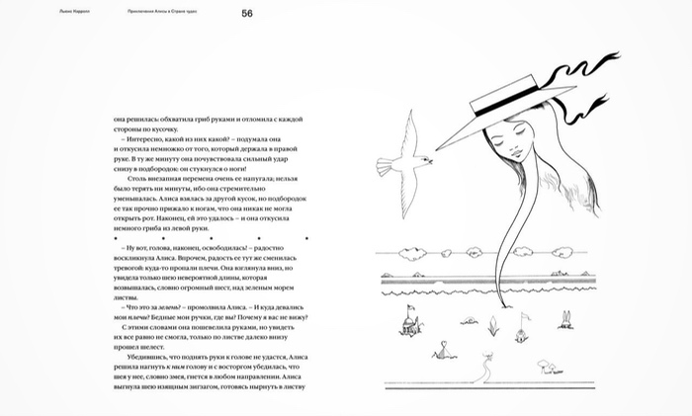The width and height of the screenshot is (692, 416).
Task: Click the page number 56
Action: (x=248, y=13)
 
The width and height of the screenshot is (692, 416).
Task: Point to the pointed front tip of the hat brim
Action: (x=440, y=151)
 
